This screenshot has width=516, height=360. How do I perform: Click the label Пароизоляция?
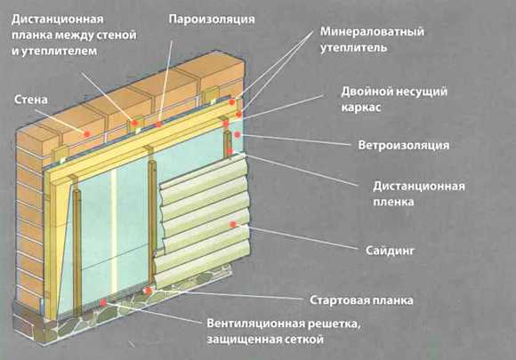tap(212, 20)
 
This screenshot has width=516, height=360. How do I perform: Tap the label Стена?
tap(31, 100)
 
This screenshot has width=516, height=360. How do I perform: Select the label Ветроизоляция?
tap(403, 145)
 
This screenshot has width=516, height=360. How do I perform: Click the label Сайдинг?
tap(390, 251)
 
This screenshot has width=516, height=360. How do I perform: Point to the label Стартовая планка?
tap(361, 300)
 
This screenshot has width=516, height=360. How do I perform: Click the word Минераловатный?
tap(372, 32)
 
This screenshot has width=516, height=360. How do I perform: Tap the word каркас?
tap(361, 108)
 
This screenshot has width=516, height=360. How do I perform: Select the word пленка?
tap(393, 202)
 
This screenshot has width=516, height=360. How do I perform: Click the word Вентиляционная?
tap(255, 324)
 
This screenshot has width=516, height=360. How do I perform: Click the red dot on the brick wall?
tap(87, 133)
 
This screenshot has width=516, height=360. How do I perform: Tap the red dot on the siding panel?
tap(233, 224)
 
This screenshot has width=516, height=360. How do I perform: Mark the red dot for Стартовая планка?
tap(148, 291)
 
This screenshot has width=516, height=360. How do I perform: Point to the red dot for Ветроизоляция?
tap(237, 135)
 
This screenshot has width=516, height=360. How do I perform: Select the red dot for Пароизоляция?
tap(159, 124)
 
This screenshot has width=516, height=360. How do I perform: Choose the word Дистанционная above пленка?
tap(419, 187)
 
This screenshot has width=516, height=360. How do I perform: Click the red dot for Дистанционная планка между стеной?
tap(134, 123)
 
